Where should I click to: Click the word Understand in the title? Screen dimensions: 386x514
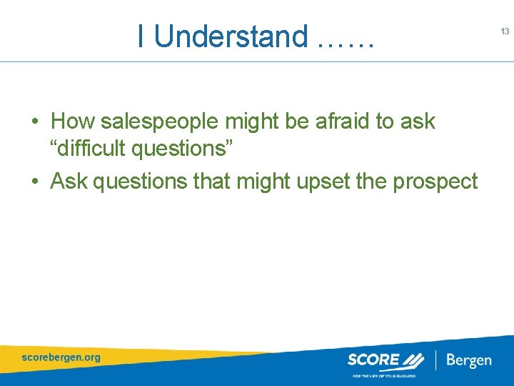point(231,36)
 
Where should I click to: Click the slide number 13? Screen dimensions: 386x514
point(505,31)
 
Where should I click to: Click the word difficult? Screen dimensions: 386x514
point(93,149)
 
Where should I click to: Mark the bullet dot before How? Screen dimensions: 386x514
point(34,122)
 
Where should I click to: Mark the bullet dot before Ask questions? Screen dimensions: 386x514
point(34,182)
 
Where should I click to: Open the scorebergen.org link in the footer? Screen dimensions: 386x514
point(61,357)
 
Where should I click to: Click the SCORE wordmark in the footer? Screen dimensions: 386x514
point(373,359)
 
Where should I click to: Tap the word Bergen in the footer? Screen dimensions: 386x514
point(468,360)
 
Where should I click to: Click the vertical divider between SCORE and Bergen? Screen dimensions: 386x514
point(435,359)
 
